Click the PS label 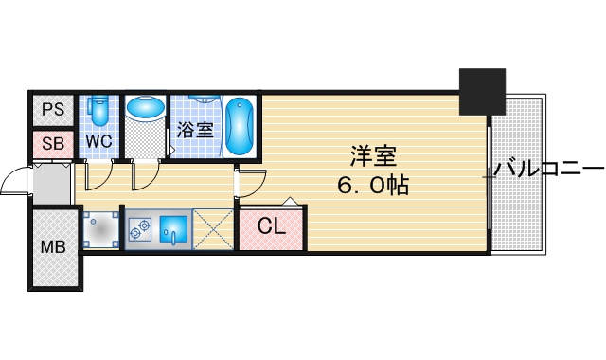tap(53, 110)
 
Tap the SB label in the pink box tap(53, 144)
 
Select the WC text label tap(98, 141)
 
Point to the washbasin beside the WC tap(146, 109)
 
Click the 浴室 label tap(196, 130)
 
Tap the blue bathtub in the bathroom tap(240, 126)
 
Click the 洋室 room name tap(373, 155)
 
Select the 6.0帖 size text tap(373, 186)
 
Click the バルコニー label tap(548, 169)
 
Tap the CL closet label tap(272, 226)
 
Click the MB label tap(53, 246)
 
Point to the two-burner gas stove tap(140, 229)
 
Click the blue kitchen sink tap(173, 229)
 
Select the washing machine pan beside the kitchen tap(101, 229)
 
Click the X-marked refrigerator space tap(213, 229)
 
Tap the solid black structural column tap(482, 92)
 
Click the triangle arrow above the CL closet tap(291, 201)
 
